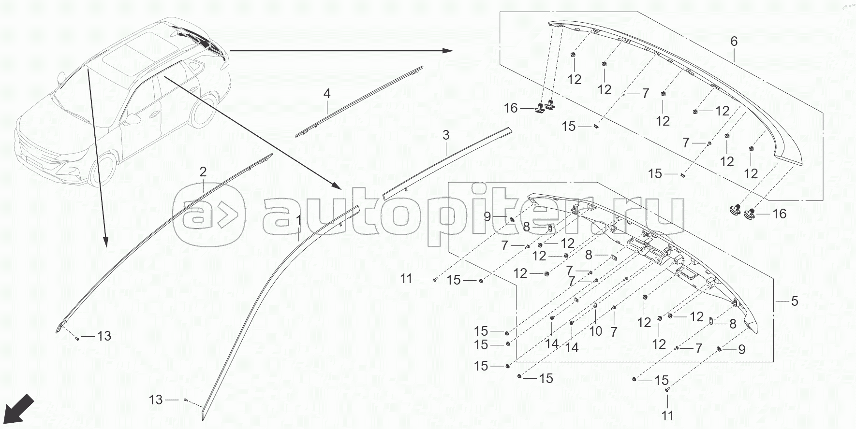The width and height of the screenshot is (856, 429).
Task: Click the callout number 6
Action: [x=734, y=42]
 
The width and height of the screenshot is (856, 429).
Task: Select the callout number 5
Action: [x=795, y=301]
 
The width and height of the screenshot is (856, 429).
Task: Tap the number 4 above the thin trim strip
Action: [x=327, y=93]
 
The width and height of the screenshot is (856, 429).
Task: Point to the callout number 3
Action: [x=446, y=135]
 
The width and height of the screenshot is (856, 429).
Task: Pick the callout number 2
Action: [x=203, y=172]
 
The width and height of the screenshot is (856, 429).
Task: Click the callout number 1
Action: [x=298, y=221]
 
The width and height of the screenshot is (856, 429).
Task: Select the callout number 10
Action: [x=596, y=331]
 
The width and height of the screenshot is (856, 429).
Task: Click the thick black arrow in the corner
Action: [x=21, y=409]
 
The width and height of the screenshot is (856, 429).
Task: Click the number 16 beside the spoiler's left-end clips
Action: [x=511, y=108]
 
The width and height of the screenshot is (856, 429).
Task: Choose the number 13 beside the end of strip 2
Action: [x=104, y=336]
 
